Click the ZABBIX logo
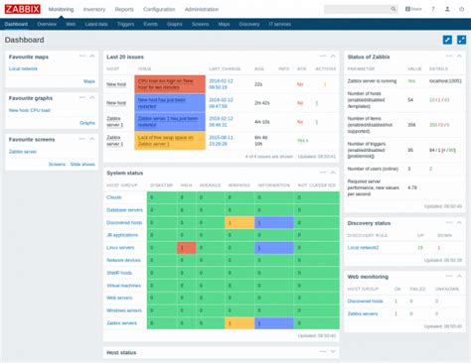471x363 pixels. tap(22, 9)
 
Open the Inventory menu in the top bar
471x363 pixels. tap(94, 9)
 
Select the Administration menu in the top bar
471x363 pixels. tap(201, 9)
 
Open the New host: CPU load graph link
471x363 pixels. tap(33, 109)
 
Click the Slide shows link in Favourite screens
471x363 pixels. tap(82, 164)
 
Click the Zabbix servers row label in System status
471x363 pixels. tap(123, 323)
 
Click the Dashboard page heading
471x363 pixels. tap(25, 41)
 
